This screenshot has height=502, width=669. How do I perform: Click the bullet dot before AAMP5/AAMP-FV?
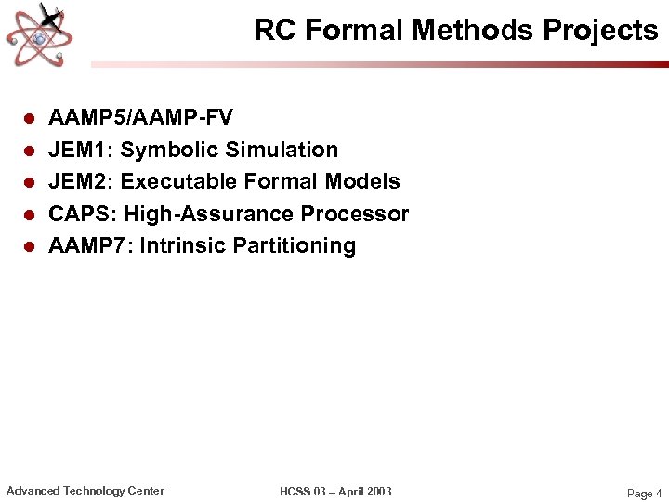[x=29, y=119]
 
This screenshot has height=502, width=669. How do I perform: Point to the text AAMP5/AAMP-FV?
[x=140, y=118]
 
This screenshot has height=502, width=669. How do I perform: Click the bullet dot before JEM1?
[x=29, y=151]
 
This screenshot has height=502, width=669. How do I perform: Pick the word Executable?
[x=178, y=181]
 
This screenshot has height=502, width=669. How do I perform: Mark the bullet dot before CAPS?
[x=29, y=215]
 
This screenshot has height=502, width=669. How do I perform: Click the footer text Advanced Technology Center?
[x=85, y=491]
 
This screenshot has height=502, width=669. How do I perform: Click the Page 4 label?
[x=645, y=494]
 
